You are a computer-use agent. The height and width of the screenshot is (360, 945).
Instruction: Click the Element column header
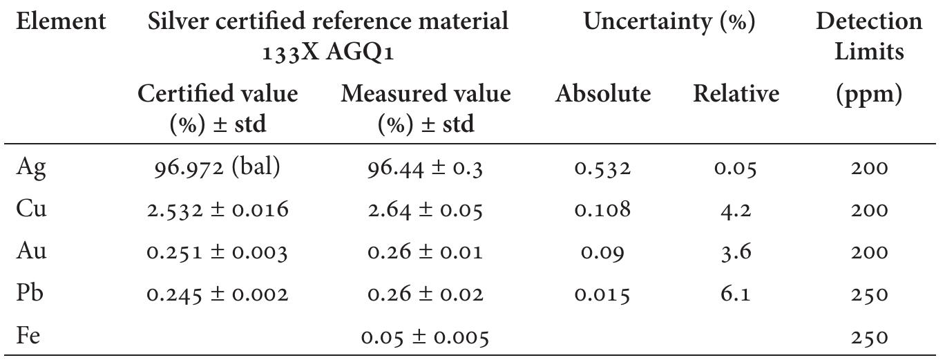click(x=61, y=22)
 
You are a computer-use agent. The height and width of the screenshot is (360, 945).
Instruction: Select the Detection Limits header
click(x=868, y=36)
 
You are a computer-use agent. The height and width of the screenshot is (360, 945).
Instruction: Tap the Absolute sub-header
click(x=603, y=94)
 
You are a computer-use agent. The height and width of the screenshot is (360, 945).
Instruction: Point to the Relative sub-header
click(x=736, y=94)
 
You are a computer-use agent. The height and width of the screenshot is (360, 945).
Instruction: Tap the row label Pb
click(x=30, y=294)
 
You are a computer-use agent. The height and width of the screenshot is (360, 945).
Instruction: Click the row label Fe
click(x=29, y=337)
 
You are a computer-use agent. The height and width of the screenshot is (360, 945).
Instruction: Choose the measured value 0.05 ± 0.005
click(x=425, y=337)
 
